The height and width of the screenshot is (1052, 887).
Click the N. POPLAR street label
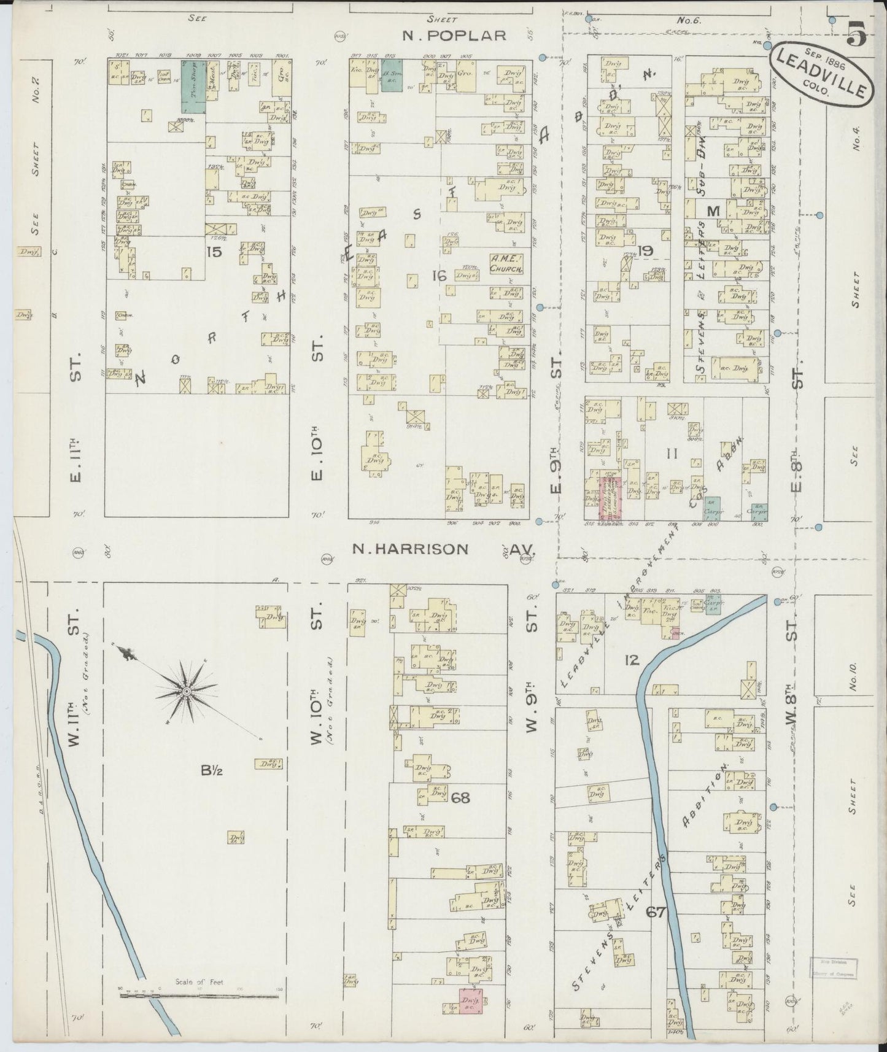(454, 36)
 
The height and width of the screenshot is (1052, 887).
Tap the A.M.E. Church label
(506, 264)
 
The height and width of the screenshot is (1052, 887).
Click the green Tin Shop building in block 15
(193, 86)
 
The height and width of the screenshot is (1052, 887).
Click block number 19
(645, 250)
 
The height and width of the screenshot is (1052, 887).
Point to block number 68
(460, 797)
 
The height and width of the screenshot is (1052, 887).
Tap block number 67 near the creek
(656, 913)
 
